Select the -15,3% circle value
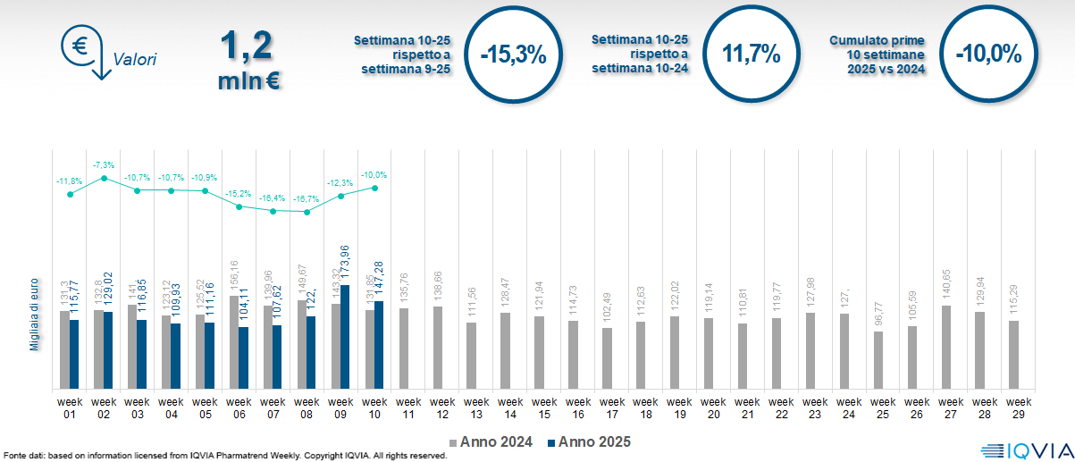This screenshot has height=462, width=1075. point(512,55)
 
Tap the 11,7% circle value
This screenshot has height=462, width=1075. point(752,54)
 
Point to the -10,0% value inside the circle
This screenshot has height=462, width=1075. point(987,54)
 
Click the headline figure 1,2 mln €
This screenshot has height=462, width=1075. point(247,61)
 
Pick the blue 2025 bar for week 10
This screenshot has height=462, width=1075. point(379,345)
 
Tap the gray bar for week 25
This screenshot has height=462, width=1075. point(878,360)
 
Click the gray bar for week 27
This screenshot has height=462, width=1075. point(946,347)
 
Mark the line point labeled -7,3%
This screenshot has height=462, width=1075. point(104,178)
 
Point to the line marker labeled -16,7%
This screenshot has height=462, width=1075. point(307,212)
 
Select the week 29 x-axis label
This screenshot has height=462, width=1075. point(1014,407)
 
